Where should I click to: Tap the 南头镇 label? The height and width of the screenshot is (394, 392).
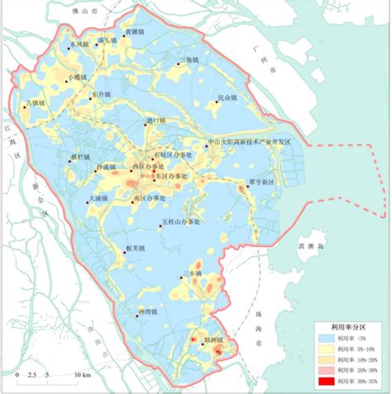point(106,40)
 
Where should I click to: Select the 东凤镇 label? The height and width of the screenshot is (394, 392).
point(79,45)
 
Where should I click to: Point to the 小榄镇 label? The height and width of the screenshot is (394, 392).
point(79,76)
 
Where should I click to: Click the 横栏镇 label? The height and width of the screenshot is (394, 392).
point(79,154)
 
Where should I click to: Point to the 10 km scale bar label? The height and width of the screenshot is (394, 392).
point(82,376)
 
